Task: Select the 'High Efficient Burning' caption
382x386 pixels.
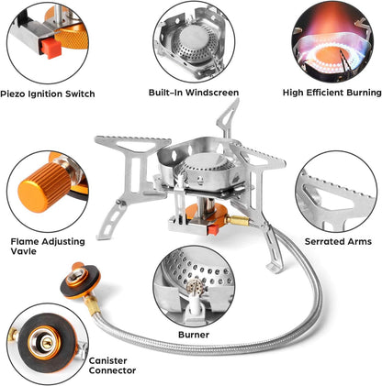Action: click(332, 93)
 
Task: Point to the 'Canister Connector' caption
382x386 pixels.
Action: click(114, 365)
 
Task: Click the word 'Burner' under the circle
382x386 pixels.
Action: click(194, 335)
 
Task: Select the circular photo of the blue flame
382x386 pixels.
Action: click(334, 41)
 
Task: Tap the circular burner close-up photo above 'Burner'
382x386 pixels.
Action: click(193, 285)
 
